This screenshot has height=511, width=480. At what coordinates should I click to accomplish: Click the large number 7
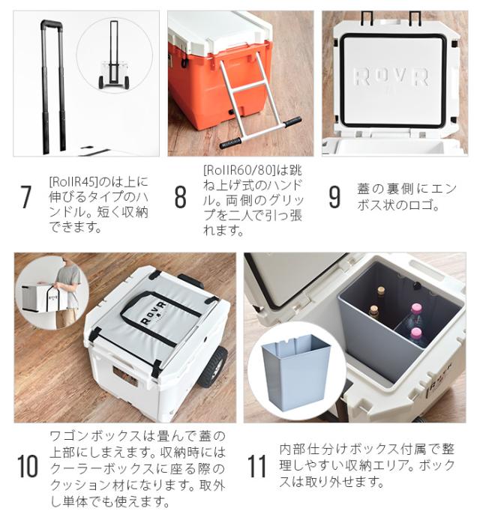(26, 197)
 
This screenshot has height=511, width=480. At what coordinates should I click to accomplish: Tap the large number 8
(180, 197)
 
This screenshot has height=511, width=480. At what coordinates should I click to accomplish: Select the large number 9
(334, 197)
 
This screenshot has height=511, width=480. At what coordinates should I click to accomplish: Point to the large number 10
(28, 466)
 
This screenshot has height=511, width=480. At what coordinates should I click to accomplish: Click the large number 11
(257, 466)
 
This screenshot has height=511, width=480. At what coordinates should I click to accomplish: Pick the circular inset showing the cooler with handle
(114, 56)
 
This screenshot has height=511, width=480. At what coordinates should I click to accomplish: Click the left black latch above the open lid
(369, 16)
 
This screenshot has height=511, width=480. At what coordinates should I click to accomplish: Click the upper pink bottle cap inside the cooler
(415, 309)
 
